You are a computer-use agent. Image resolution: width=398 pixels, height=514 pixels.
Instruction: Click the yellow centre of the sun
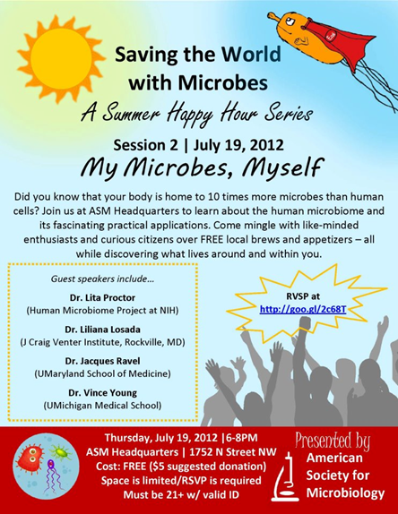coord(61,58)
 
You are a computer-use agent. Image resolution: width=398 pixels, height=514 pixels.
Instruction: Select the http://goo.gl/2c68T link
coord(303,309)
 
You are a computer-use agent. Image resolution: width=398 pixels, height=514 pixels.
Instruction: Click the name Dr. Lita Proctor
coord(102,297)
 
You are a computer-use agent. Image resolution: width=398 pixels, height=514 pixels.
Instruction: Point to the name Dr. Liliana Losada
coord(102,330)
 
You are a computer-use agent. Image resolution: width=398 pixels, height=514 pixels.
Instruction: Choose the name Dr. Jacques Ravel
coord(102,361)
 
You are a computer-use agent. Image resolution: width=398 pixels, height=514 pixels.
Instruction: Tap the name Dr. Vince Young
coord(103,393)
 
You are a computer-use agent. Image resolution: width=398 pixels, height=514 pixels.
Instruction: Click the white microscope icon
coord(285,477)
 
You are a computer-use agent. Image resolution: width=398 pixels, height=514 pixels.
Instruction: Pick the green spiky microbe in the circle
coord(60,452)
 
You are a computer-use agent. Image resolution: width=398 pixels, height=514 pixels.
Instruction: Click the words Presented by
coord(333,441)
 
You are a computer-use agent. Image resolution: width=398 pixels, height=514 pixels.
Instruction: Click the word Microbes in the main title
coord(223,82)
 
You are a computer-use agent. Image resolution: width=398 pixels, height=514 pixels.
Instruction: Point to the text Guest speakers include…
coord(102,279)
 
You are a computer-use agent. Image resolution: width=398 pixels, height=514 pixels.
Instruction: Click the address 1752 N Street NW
coord(233,452)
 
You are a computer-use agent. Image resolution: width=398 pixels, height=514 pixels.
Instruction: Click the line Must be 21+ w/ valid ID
coord(181,494)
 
